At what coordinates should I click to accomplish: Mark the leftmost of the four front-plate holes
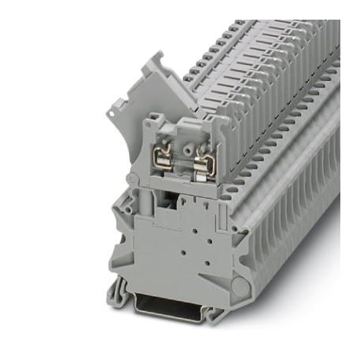click(x=175, y=250)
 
